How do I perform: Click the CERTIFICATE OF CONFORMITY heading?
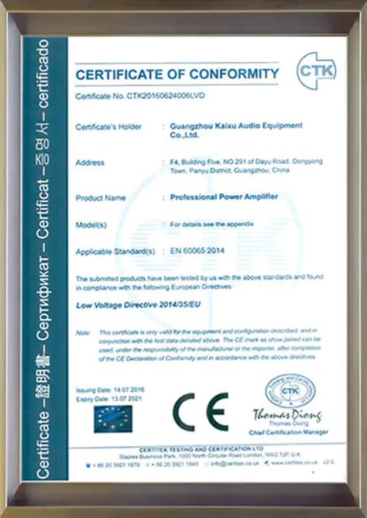click(177, 74)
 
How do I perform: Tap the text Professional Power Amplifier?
click(224, 198)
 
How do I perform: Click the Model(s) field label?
click(91, 225)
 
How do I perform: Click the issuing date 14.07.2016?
click(129, 390)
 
